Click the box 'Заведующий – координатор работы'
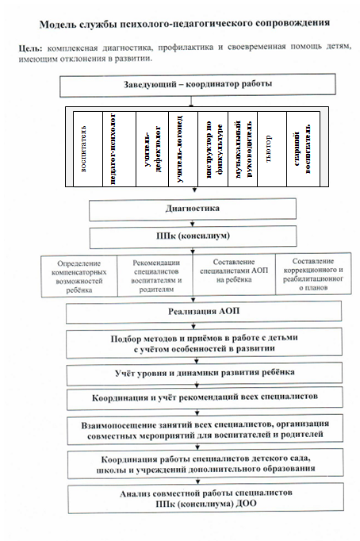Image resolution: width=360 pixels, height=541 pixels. (197, 85)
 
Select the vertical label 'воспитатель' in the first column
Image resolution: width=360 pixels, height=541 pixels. (84, 149)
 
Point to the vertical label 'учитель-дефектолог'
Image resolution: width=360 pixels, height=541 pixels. (152, 148)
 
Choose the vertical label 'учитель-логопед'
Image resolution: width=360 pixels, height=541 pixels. (179, 148)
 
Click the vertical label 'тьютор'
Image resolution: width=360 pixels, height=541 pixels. (269, 148)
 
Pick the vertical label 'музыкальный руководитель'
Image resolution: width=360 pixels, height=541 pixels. (243, 148)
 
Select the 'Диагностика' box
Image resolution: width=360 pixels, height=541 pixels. (193, 209)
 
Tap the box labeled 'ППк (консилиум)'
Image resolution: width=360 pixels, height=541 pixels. (193, 236)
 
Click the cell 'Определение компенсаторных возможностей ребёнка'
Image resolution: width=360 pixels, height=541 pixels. (79, 276)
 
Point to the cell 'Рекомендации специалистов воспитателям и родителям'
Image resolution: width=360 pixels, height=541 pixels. (155, 276)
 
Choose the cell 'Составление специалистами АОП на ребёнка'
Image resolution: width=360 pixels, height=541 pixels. (234, 274)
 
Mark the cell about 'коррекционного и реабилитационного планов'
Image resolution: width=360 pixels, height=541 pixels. (313, 274)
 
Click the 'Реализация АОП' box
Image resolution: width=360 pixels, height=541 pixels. (204, 312)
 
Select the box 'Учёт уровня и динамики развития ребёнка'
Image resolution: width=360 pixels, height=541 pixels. (205, 374)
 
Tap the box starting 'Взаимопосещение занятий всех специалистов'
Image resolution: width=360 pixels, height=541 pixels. (205, 430)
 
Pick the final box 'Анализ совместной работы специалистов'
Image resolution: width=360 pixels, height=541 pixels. (206, 498)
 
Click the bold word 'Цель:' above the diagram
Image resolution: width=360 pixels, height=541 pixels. (30, 48)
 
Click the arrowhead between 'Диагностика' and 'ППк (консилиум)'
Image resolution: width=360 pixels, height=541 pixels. (193, 224)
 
